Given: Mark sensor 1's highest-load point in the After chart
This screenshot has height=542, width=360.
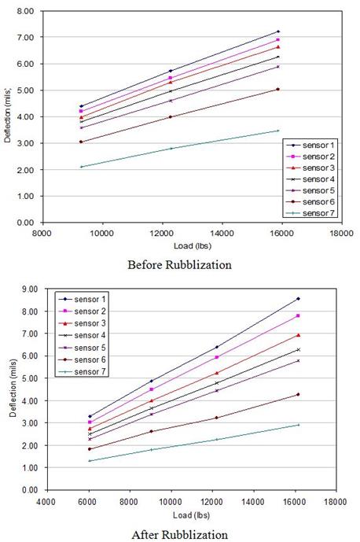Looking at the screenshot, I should (x=298, y=299).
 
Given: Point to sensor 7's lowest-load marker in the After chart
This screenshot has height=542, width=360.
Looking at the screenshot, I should (x=90, y=460).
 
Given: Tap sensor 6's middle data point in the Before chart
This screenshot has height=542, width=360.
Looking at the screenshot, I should (x=171, y=117).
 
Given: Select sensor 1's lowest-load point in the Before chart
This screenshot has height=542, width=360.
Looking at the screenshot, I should (x=81, y=106).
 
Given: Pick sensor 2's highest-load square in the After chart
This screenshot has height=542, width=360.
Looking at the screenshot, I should (x=298, y=315).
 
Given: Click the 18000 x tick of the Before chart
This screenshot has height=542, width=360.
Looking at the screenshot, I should (x=340, y=233).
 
